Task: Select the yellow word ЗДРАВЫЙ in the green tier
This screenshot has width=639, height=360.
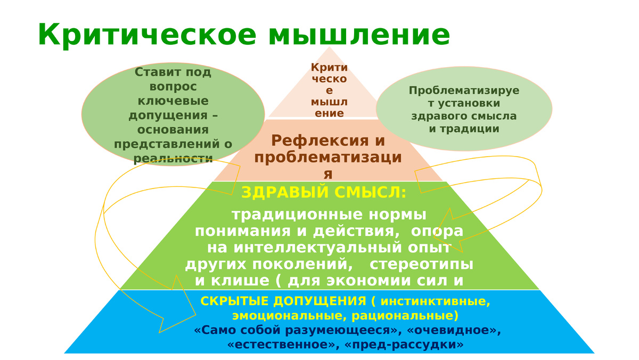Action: (281, 192)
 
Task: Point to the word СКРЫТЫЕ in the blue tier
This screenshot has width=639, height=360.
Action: (230, 301)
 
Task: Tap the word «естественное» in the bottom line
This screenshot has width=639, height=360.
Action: (283, 345)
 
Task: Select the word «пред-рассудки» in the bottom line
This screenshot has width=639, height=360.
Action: (404, 345)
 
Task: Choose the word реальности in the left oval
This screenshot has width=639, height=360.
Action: (173, 158)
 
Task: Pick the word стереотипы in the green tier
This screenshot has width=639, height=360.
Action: (421, 264)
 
